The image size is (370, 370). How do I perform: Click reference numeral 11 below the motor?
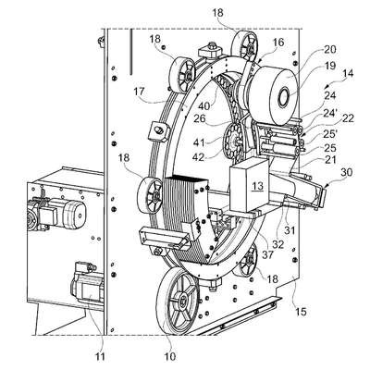100,356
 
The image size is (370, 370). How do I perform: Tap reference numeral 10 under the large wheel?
170,356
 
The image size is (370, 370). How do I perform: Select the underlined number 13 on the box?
258,186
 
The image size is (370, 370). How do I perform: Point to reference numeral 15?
301,312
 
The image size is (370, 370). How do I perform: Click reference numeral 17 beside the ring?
140,92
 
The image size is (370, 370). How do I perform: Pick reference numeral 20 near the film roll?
330,49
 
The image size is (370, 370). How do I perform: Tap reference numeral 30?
346,172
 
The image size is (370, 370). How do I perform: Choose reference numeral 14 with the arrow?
348,73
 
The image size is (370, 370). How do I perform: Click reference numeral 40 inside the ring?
203,105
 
